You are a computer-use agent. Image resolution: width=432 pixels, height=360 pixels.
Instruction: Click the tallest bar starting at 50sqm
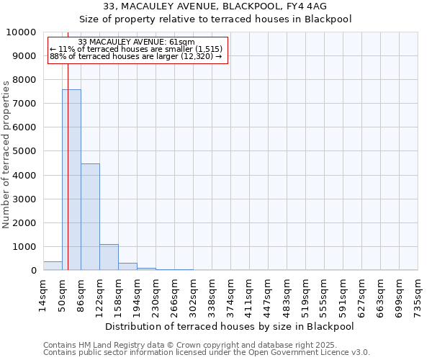[71, 180]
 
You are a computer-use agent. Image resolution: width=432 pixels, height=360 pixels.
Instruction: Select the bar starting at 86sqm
[90, 217]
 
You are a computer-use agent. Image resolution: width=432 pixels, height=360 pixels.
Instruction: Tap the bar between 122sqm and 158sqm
[109, 257]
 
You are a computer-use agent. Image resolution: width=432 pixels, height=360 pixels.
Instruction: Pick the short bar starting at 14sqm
[53, 266]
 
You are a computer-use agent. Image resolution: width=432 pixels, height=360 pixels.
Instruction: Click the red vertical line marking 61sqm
[68, 158]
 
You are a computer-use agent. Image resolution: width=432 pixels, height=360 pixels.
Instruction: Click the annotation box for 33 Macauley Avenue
[138, 50]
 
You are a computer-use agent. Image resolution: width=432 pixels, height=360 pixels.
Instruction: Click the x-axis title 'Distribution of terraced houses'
[234, 326]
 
